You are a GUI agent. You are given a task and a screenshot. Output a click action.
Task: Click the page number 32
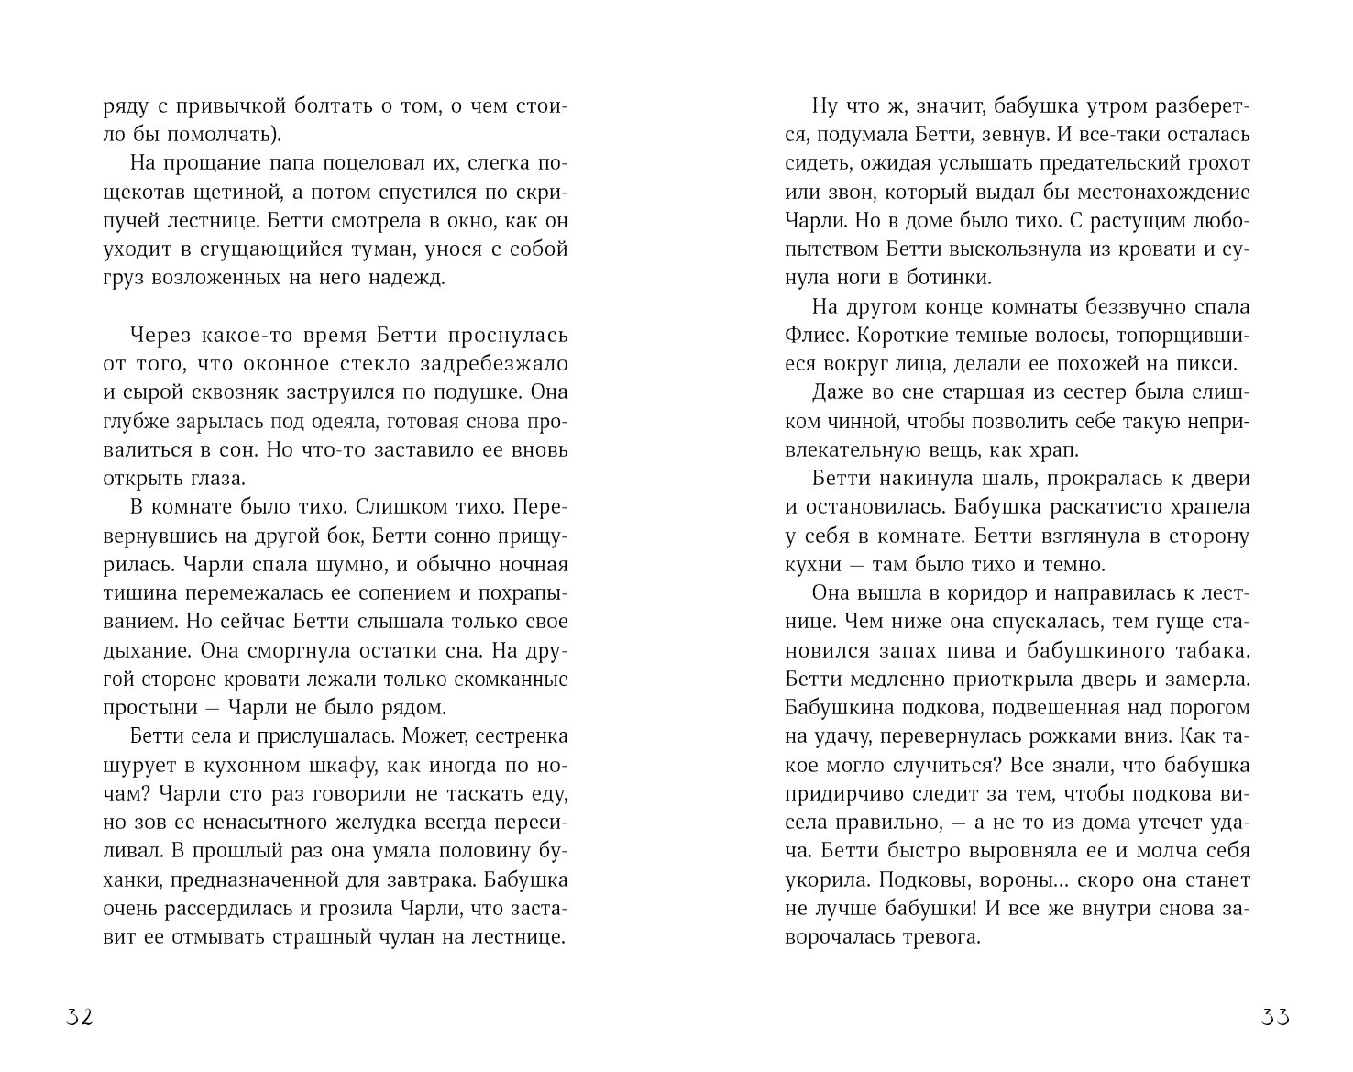pos(80,1017)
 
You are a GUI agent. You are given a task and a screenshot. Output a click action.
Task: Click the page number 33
pos(1275,1017)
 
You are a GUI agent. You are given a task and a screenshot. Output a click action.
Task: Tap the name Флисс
pos(812,335)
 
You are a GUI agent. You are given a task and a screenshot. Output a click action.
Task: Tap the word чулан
pos(391,937)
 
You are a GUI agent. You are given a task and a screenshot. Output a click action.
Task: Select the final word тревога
pos(944,937)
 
